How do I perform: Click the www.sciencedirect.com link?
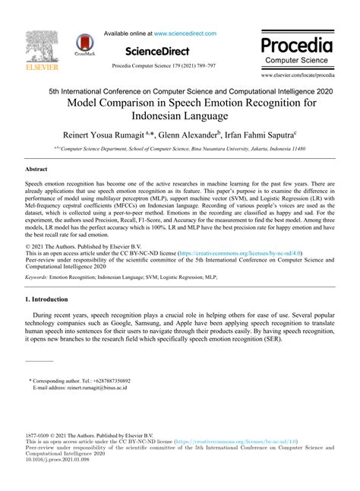click(185, 33)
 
